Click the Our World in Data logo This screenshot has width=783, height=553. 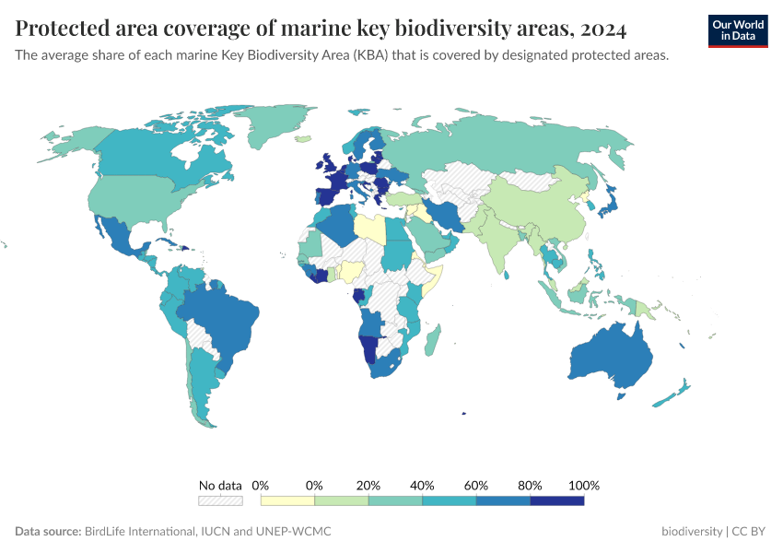point(738,30)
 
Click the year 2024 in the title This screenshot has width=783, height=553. point(603,29)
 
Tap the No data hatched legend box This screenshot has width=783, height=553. point(220,500)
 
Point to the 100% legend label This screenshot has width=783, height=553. point(584,486)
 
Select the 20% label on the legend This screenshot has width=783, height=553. point(368,486)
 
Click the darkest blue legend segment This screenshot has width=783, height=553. point(556,500)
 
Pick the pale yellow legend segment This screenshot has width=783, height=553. point(287,500)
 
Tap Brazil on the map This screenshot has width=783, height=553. point(221,318)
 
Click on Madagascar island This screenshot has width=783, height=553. point(431,343)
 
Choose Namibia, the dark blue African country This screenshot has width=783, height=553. point(368,351)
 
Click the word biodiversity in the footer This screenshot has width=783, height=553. point(692,532)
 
